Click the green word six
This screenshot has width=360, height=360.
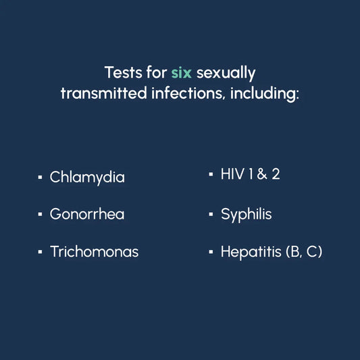click(x=180, y=72)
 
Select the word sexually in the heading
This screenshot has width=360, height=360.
click(x=226, y=72)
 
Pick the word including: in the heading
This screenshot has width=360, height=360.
click(x=264, y=93)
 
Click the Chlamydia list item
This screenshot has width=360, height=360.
click(x=87, y=178)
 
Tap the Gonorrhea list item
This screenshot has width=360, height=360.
click(x=87, y=215)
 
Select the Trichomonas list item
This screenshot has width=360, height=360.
click(x=94, y=252)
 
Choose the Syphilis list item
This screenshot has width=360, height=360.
click(x=246, y=215)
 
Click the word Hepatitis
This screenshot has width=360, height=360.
click(x=251, y=252)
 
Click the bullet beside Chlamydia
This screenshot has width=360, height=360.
click(x=40, y=178)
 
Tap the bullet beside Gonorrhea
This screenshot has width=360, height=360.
click(x=40, y=215)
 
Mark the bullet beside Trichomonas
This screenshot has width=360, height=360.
click(x=40, y=252)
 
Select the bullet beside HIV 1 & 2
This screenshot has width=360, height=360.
click(x=211, y=174)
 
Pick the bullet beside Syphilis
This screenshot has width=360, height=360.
click(x=211, y=215)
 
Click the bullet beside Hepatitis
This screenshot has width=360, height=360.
click(x=211, y=252)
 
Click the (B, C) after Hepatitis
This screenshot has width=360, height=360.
click(x=304, y=252)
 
